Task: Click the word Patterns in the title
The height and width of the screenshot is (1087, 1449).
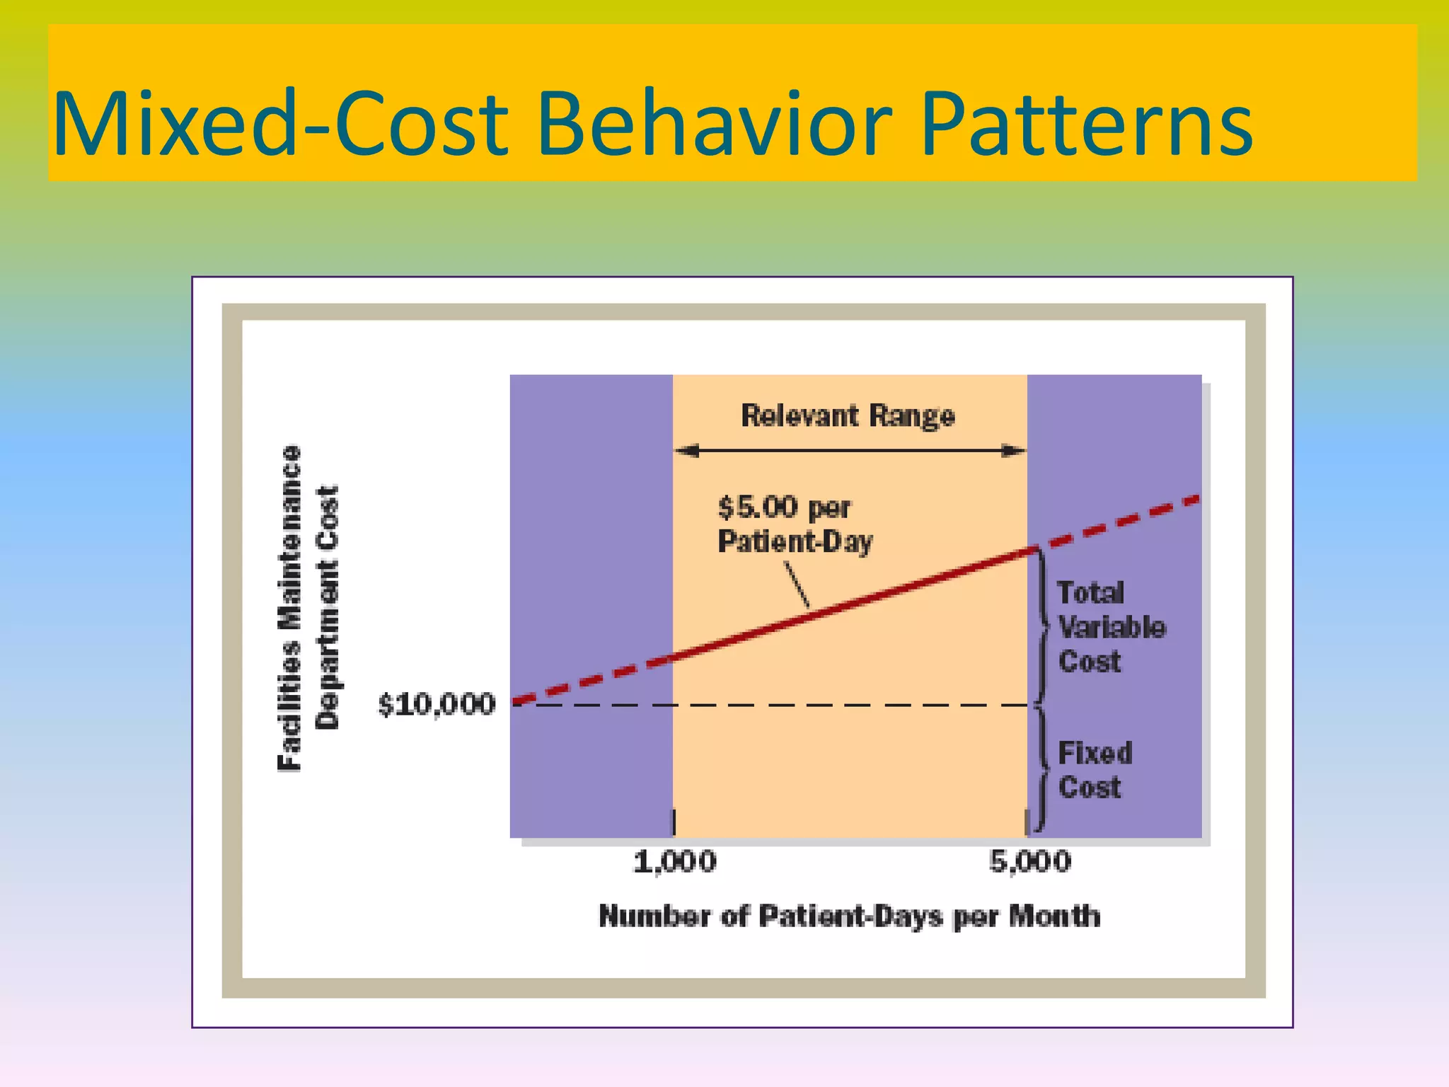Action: (1086, 125)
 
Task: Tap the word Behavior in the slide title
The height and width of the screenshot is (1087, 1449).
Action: (715, 125)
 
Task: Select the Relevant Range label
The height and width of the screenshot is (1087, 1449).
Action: (848, 415)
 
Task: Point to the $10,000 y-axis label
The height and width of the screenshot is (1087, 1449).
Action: (437, 705)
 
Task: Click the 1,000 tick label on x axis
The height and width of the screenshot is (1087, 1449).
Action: (674, 862)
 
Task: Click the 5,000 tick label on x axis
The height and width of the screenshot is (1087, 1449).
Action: (1030, 862)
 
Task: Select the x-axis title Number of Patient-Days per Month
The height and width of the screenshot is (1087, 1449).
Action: (849, 916)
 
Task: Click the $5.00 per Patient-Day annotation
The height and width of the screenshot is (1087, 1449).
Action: (794, 524)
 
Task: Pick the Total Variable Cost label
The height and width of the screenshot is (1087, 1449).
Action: (1109, 627)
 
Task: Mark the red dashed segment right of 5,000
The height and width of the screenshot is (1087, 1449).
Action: (1118, 522)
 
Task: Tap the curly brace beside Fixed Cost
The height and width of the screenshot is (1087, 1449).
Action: (1041, 769)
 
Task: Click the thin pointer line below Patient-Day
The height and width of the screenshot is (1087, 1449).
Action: (797, 585)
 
